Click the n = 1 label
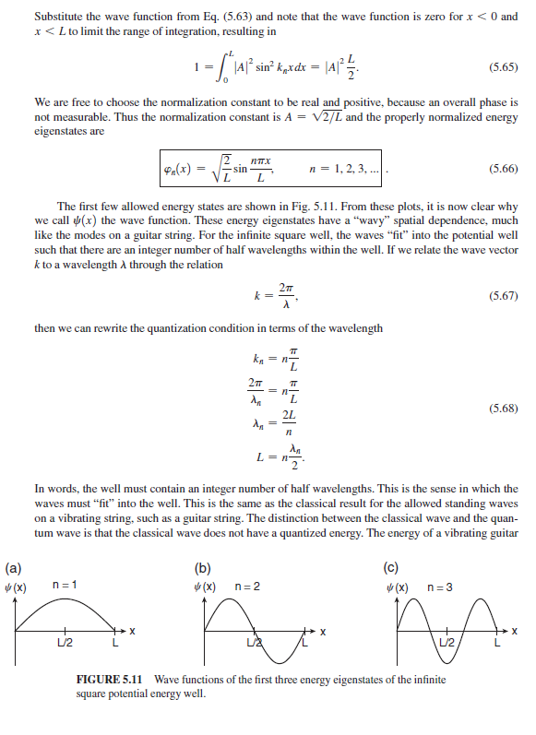pyautogui.click(x=65, y=586)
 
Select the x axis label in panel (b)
pyautogui.click(x=324, y=632)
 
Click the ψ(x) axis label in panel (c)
pyautogui.click(x=399, y=587)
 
